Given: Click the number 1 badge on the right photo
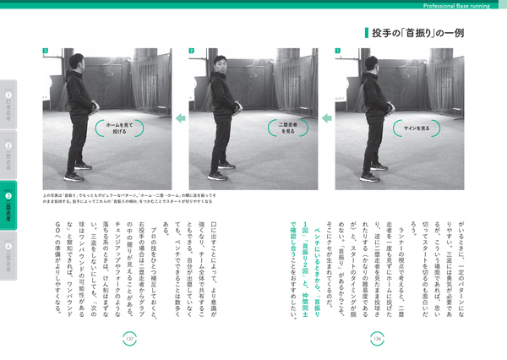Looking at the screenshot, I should tap(339, 51).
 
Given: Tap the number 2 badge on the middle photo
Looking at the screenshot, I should tap(192, 51).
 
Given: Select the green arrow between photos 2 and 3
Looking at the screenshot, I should tap(179, 121).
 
